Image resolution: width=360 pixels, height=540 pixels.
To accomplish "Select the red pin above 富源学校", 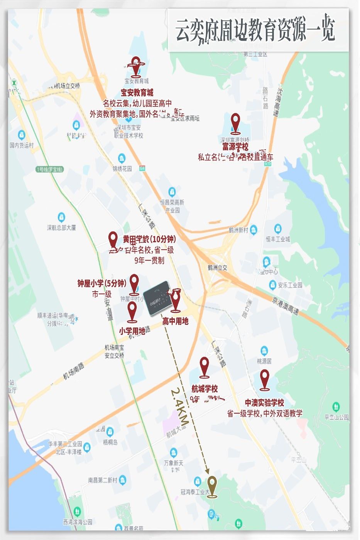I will (x=235, y=123).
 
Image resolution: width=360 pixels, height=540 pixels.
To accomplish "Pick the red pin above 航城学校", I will (x=205, y=367).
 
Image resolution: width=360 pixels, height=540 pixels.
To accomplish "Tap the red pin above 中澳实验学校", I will (x=264, y=380).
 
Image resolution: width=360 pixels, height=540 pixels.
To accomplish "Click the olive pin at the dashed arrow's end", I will (x=211, y=487).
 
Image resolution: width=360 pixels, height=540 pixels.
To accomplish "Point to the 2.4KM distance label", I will (x=179, y=407).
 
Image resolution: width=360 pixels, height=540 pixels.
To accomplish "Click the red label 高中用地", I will (x=175, y=321).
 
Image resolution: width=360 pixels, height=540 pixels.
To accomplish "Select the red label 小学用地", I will (x=132, y=331).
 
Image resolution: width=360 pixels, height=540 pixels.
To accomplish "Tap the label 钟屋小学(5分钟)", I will (x=102, y=283).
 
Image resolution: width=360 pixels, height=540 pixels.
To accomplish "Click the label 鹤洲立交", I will (x=218, y=268).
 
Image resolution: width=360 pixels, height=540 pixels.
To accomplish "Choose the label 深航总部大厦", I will (x=61, y=228).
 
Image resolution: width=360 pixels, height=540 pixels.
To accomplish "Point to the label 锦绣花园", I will (x=122, y=169).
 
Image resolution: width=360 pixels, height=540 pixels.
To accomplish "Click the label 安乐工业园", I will (x=290, y=285).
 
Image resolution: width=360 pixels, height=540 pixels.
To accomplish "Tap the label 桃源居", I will (x=264, y=361).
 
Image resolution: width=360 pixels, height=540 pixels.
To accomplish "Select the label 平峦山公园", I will (x=336, y=417).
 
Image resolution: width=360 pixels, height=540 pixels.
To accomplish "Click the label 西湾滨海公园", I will (x=78, y=522).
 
